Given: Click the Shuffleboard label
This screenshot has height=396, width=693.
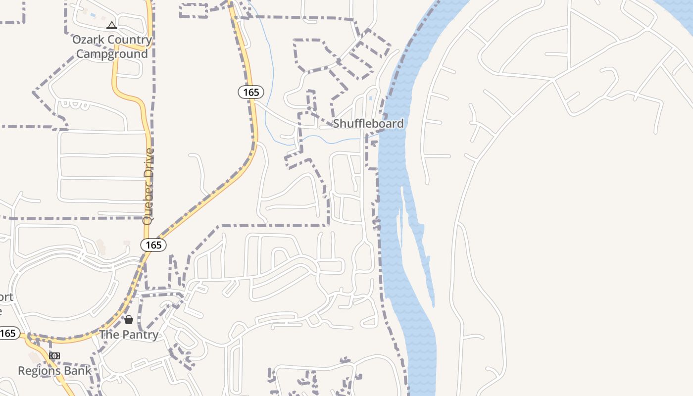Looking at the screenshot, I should (x=368, y=123).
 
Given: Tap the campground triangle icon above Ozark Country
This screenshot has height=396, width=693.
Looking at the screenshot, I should (x=112, y=25).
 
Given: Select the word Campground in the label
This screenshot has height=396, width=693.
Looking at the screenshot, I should (x=111, y=53).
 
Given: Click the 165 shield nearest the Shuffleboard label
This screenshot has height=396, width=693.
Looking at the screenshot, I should (x=251, y=92).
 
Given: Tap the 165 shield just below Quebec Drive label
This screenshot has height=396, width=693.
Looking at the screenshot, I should (x=153, y=245).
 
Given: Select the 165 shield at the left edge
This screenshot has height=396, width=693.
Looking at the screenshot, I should (x=8, y=333).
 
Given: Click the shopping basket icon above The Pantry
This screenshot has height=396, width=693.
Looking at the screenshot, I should (x=129, y=320).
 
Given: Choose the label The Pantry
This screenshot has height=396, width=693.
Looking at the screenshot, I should (x=129, y=335).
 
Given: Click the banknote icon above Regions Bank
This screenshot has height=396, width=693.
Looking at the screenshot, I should (x=54, y=356).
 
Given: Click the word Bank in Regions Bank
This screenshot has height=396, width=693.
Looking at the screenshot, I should (x=79, y=370).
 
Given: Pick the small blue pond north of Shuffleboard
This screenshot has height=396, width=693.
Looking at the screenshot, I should (x=371, y=98).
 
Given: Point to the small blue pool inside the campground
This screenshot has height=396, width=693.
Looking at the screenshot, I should (x=93, y=15).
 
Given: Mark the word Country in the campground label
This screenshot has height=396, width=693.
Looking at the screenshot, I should (x=130, y=40).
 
